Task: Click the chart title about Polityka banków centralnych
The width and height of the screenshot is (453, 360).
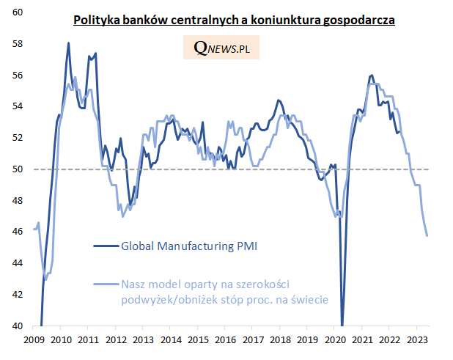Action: coord(234,21)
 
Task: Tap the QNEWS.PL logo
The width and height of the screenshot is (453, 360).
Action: coord(226,48)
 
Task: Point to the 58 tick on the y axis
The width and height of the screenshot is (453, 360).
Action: coord(18,44)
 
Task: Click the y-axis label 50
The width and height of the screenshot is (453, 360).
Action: coord(18,169)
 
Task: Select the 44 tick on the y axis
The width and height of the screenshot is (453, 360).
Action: coord(18,263)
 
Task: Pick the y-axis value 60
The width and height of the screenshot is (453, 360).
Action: coord(18,12)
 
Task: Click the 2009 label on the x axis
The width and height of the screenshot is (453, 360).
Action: coord(34,340)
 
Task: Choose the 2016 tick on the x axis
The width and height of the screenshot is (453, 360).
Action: coord(225,340)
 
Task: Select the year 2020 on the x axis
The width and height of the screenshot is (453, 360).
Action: coord(335,340)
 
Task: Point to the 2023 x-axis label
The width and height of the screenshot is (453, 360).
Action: coord(417,340)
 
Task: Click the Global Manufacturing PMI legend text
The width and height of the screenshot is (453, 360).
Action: coord(189,246)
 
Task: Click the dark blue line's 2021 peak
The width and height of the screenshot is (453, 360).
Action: coord(372,75)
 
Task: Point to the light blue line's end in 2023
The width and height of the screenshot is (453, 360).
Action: coord(427,235)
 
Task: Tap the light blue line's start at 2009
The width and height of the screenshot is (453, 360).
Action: coord(34,229)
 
